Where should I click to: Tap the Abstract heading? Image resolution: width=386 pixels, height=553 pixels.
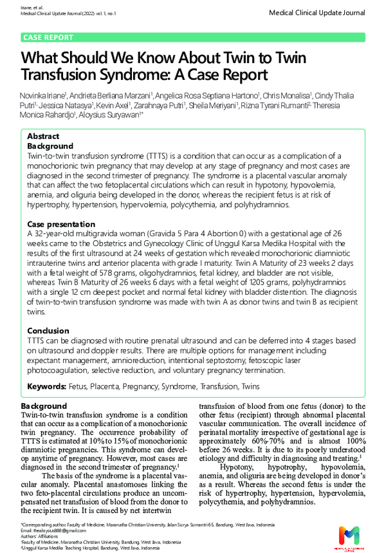point(43,136)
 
